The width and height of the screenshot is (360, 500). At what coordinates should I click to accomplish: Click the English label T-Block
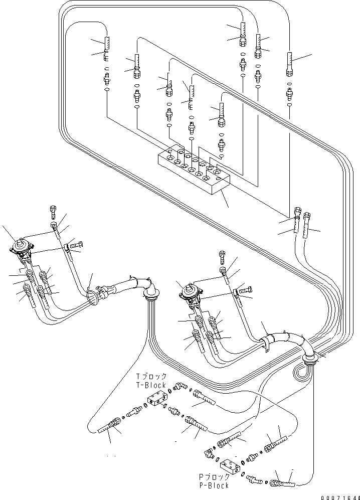(x=151, y=385)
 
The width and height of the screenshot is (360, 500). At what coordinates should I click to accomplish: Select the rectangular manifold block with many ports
(x=194, y=172)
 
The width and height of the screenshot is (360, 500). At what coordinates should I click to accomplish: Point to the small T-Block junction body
(x=157, y=399)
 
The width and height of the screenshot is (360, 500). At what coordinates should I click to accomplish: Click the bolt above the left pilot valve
(x=53, y=212)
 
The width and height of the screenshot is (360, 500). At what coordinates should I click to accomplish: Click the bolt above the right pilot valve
(x=222, y=256)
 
